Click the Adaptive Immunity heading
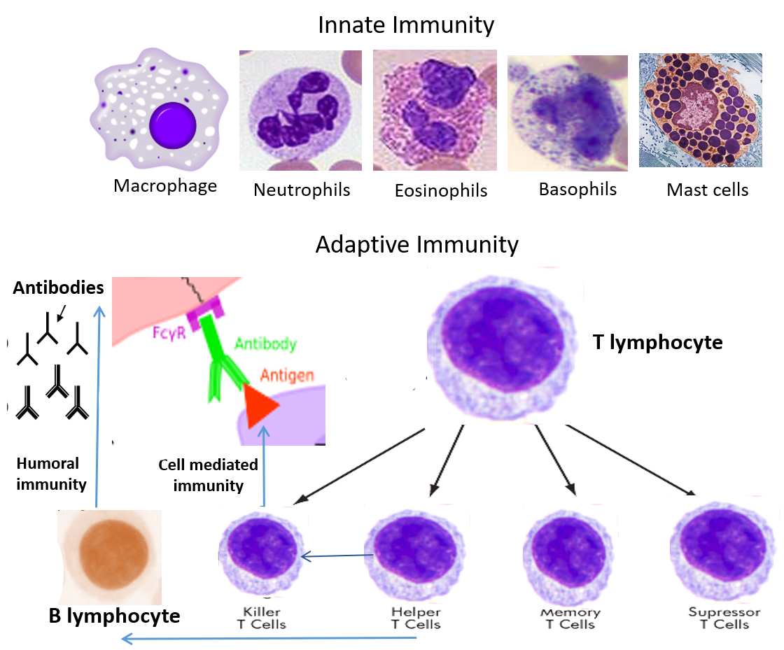pyautogui.click(x=417, y=245)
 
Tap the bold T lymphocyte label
pyautogui.click(x=657, y=343)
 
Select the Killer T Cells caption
pyautogui.click(x=261, y=618)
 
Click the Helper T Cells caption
pyautogui.click(x=416, y=618)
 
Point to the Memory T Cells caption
pyautogui.click(x=570, y=618)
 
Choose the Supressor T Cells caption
pyautogui.click(x=724, y=618)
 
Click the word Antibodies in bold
pyautogui.click(x=58, y=288)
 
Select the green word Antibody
pyautogui.click(x=265, y=344)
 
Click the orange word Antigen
pyautogui.click(x=287, y=376)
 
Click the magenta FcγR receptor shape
pyautogui.click(x=203, y=305)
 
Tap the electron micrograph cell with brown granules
pyautogui.click(x=700, y=111)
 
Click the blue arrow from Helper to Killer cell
pyautogui.click(x=337, y=556)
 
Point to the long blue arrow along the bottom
pyautogui.click(x=269, y=638)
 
